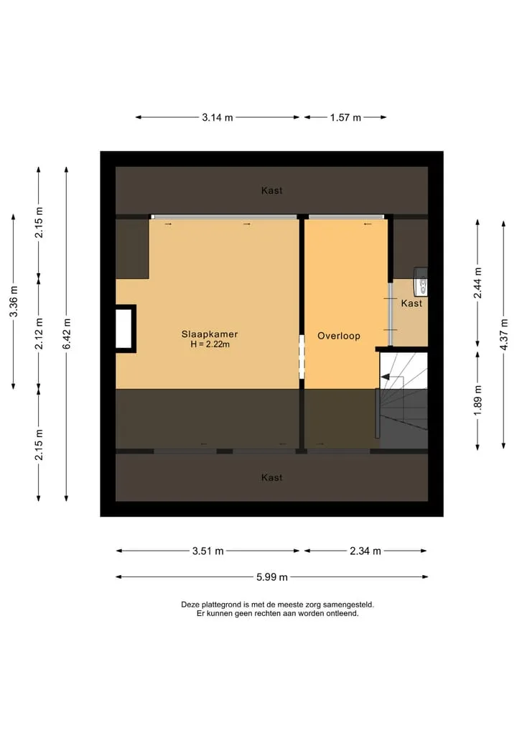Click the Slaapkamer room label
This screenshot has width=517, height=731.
point(210,334)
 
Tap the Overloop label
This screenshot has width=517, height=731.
point(339,336)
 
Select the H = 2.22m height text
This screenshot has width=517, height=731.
point(210,344)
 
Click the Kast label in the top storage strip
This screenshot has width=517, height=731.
point(271,190)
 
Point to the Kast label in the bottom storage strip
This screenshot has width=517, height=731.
point(271,477)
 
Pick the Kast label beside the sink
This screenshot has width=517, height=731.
point(411,303)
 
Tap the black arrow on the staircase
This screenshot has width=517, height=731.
point(386,377)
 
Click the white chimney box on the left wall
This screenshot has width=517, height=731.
point(124,328)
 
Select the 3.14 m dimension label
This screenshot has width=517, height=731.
point(217,117)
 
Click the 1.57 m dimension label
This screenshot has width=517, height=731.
point(345,117)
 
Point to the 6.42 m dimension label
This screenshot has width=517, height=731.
point(67,334)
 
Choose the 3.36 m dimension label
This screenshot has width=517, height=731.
point(14,301)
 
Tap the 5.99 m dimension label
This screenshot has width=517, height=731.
point(271,577)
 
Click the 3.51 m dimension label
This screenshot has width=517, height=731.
point(208,551)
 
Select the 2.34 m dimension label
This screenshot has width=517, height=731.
point(365,551)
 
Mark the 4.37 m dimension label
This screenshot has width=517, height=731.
point(503,334)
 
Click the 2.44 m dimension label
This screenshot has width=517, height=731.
point(478,283)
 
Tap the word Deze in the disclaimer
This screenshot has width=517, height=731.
point(190,604)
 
